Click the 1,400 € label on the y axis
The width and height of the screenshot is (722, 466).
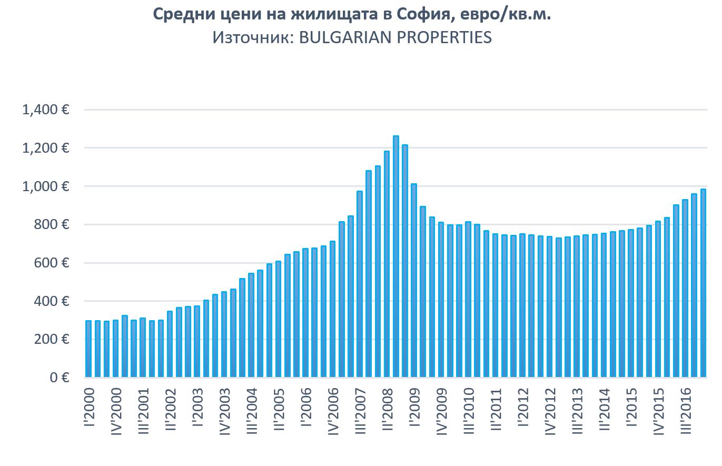(46, 110)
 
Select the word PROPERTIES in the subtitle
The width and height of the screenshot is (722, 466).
(445, 37)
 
